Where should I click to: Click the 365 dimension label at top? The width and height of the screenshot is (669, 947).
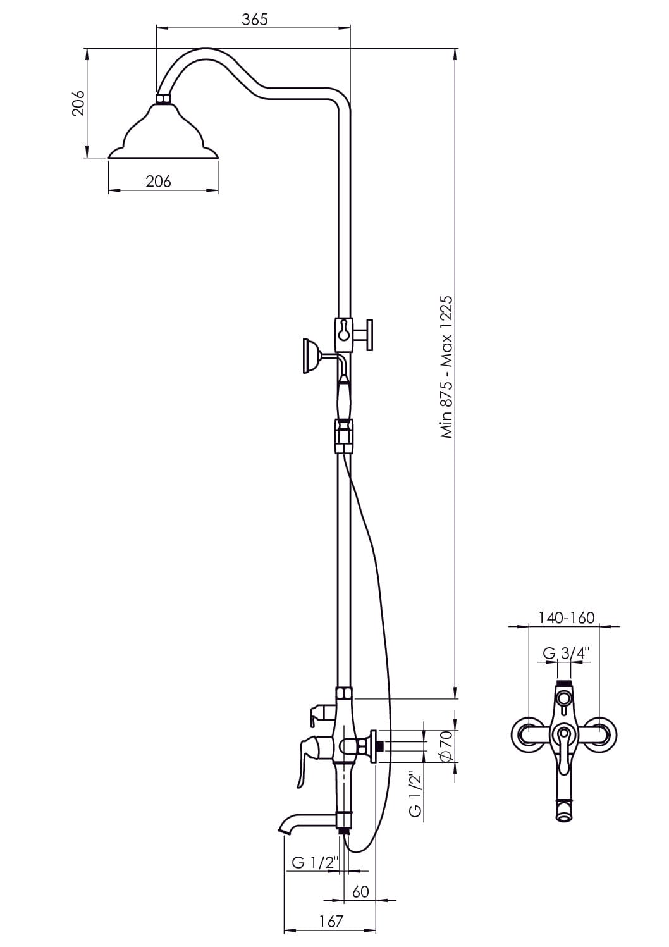(x=255, y=20)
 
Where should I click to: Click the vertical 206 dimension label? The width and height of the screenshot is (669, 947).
(x=78, y=103)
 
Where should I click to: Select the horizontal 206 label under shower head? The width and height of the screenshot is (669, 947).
(x=159, y=182)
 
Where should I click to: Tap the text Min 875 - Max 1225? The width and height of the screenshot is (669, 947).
(x=446, y=366)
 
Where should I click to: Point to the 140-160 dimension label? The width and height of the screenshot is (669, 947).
(x=567, y=617)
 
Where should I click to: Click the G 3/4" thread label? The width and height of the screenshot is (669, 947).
(x=565, y=653)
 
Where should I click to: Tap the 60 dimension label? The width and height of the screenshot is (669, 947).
(x=360, y=891)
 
